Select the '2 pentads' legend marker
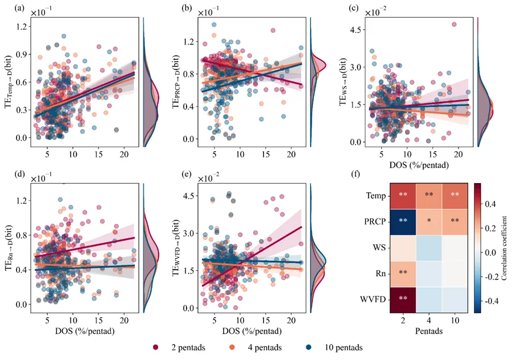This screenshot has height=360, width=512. pyautogui.click(x=155, y=347)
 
